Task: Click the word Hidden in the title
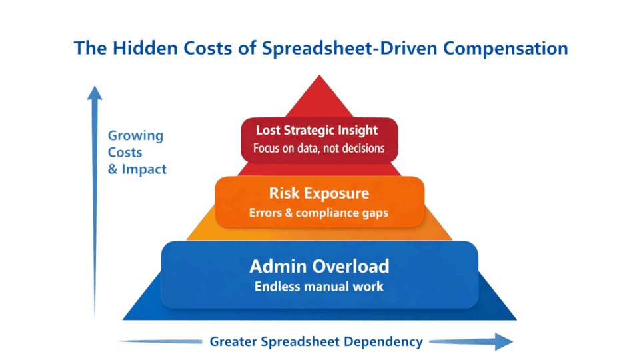click(145, 48)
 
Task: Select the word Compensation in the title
click(505, 49)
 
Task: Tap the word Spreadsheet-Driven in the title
click(350, 49)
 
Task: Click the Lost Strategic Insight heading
click(317, 130)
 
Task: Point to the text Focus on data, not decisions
click(319, 148)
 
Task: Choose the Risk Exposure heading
click(319, 193)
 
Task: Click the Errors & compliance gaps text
click(318, 213)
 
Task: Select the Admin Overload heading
click(319, 267)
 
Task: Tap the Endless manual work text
click(319, 287)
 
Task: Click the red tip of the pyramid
click(319, 75)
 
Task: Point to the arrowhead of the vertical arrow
click(95, 93)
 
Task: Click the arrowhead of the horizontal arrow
click(504, 341)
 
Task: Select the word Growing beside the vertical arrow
click(135, 136)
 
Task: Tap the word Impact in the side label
click(144, 169)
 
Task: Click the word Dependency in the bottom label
click(383, 342)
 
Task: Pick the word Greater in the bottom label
click(233, 342)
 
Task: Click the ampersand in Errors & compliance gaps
click(289, 213)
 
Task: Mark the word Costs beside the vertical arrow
click(125, 153)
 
